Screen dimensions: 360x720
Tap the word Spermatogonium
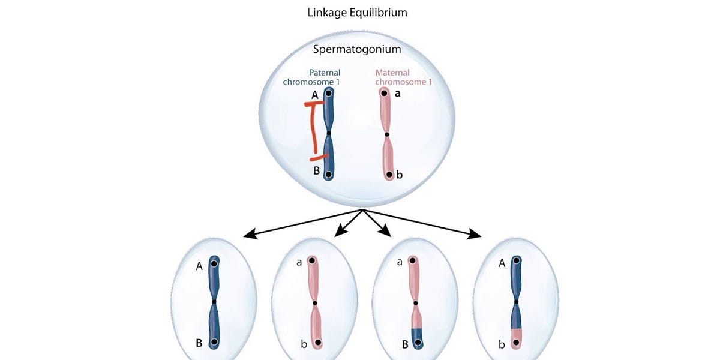pyautogui.click(x=356, y=49)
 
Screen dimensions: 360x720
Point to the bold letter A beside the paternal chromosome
pyautogui.click(x=315, y=95)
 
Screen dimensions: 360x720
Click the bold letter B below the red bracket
pyautogui.click(x=316, y=170)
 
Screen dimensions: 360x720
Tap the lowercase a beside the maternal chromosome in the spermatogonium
pyautogui.click(x=398, y=94)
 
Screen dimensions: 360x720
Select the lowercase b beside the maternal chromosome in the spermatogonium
pyautogui.click(x=399, y=175)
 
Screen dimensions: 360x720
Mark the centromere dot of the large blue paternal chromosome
pyautogui.click(x=328, y=133)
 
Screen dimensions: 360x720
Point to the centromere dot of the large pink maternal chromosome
pyautogui.click(x=387, y=134)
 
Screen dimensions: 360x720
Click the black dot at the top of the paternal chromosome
pyautogui.click(x=329, y=94)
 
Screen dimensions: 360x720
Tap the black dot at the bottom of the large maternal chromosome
pyautogui.click(x=389, y=175)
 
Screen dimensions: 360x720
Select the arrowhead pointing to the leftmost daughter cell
pyautogui.click(x=248, y=235)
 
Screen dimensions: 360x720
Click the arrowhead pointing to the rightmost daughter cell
pyautogui.click(x=476, y=235)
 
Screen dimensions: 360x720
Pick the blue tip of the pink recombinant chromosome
pyautogui.click(x=416, y=337)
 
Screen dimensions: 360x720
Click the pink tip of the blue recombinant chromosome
pyautogui.click(x=517, y=337)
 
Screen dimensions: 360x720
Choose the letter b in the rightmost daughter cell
pyautogui.click(x=502, y=344)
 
